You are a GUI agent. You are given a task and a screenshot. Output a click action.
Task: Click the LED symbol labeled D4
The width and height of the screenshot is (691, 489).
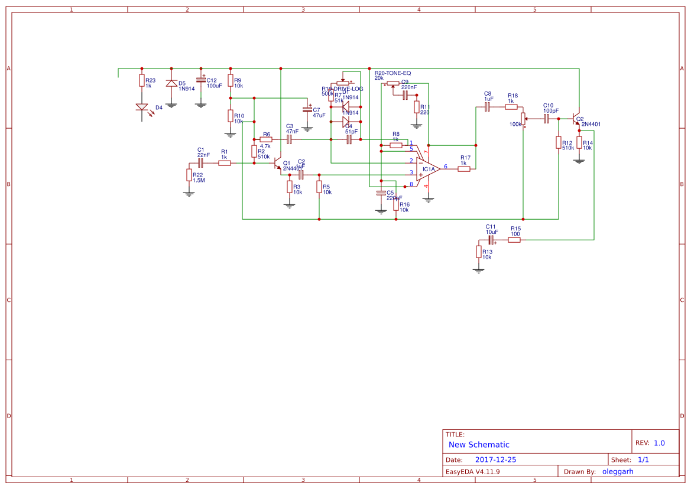(142, 107)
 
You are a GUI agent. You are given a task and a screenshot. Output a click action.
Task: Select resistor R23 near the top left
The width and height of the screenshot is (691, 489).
(142, 81)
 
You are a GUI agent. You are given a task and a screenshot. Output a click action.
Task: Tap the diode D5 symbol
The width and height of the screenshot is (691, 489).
(171, 83)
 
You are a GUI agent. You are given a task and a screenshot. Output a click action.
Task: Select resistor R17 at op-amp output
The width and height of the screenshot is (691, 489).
(464, 169)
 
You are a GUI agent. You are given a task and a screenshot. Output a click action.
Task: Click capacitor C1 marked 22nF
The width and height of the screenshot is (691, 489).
(200, 163)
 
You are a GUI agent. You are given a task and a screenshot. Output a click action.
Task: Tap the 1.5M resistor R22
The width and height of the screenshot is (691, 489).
(189, 175)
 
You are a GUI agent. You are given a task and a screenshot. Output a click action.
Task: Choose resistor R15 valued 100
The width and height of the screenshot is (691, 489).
(514, 240)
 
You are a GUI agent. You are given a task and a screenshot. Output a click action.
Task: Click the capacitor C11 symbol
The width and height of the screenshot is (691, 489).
(491, 240)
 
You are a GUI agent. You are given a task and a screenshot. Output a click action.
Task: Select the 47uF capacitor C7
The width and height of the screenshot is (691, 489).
(307, 110)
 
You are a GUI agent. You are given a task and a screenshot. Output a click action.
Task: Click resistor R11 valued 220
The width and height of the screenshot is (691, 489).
(417, 107)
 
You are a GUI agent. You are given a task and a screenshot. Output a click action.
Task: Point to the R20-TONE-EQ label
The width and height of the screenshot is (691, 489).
(392, 72)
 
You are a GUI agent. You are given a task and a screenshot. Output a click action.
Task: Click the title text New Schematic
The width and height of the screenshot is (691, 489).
(479, 445)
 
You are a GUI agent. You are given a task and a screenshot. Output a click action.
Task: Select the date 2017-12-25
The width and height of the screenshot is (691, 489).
(495, 459)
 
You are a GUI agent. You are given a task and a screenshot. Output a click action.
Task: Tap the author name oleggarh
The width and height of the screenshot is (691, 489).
(618, 471)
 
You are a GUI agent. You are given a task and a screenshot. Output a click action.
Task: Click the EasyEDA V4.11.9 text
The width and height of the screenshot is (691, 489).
(472, 471)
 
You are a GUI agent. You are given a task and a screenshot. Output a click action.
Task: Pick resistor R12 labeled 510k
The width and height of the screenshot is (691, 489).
(559, 143)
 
